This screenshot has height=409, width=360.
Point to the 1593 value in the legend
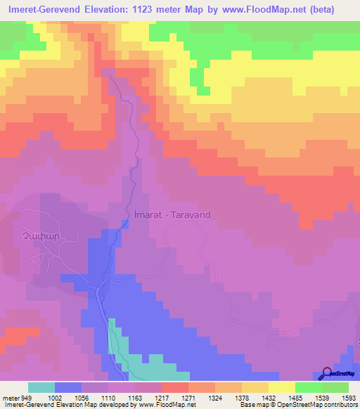pyautogui.click(x=349, y=397)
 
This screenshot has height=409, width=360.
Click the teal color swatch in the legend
pyautogui.click(x=41, y=387)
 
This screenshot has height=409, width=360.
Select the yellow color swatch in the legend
pyautogui.click(x=281, y=387)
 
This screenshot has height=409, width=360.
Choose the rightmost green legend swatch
pyautogui.click(x=335, y=387)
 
